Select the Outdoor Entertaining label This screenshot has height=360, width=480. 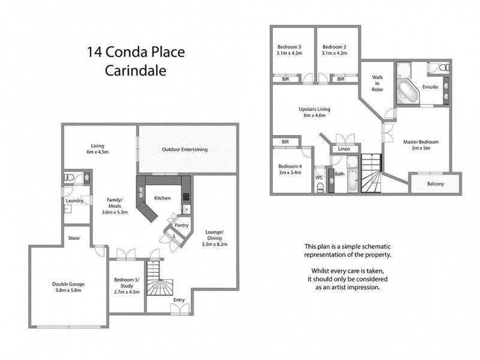tap(185, 149)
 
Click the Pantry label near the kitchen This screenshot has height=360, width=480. tap(182, 225)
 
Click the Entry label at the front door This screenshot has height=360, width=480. tap(179, 299)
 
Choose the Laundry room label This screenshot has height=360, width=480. tap(74, 201)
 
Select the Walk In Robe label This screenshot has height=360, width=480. tap(377, 83)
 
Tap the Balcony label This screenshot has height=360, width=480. tap(435, 184)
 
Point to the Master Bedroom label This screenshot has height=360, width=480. tap(421, 142)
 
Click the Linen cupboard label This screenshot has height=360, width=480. tap(344, 149)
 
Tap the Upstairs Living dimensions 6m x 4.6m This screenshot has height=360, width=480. tap(315, 115)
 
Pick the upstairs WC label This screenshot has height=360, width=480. tap(319, 178)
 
